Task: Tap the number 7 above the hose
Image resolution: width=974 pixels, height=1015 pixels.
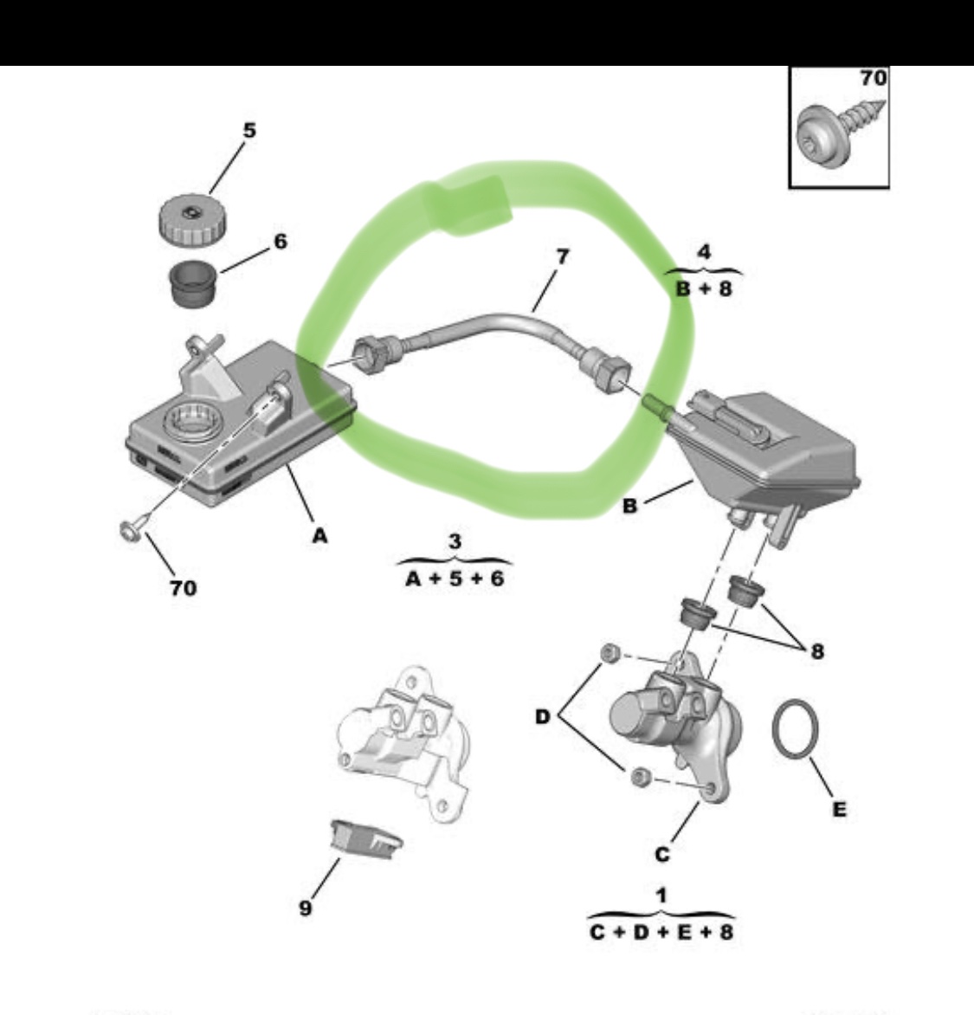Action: click(x=562, y=257)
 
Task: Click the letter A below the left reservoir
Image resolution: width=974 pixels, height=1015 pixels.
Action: click(x=320, y=536)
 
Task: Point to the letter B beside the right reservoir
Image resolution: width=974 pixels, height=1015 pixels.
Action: click(x=629, y=506)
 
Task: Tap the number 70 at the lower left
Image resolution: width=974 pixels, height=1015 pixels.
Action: click(x=184, y=588)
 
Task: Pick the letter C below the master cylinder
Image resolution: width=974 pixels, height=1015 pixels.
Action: click(x=662, y=855)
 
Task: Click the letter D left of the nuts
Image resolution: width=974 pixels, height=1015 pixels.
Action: click(x=542, y=716)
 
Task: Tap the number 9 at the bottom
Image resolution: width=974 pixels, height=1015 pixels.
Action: click(x=306, y=908)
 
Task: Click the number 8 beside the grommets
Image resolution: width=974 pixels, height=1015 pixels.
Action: click(x=817, y=650)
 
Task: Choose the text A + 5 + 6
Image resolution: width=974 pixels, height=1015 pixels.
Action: click(x=455, y=578)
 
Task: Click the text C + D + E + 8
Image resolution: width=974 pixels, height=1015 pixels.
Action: click(x=661, y=932)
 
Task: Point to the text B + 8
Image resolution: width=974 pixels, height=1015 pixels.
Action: click(x=704, y=288)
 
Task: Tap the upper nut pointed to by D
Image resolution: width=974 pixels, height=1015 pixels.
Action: click(x=610, y=654)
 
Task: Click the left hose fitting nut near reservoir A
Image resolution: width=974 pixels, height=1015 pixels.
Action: click(x=368, y=355)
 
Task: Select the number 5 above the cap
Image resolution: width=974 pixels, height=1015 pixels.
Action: click(x=250, y=130)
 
